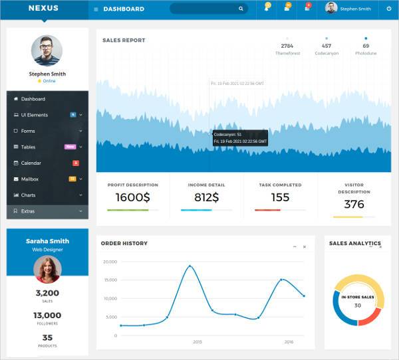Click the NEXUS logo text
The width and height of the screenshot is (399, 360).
pyautogui.click(x=43, y=9)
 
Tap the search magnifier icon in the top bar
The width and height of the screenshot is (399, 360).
pyautogui.click(x=241, y=9)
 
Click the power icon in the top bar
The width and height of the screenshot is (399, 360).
pyautogui.click(x=389, y=9)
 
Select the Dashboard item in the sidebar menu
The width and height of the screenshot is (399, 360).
pyautogui.click(x=33, y=99)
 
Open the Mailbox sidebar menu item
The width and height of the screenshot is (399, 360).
pyautogui.click(x=30, y=179)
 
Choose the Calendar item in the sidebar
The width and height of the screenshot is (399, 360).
pyautogui.click(x=31, y=163)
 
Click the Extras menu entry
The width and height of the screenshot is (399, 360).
pyautogui.click(x=28, y=211)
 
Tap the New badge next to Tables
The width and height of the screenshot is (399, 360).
pyautogui.click(x=69, y=147)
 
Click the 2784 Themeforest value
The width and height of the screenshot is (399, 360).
pyautogui.click(x=287, y=46)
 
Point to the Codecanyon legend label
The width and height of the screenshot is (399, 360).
pyautogui.click(x=327, y=53)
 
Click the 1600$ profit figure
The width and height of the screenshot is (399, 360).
pyautogui.click(x=132, y=197)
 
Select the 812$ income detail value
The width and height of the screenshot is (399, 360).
pyautogui.click(x=207, y=197)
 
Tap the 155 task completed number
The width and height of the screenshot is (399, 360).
pyautogui.click(x=280, y=197)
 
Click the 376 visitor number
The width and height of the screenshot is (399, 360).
pyautogui.click(x=354, y=204)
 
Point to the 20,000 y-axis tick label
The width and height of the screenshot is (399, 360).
pyautogui.click(x=110, y=262)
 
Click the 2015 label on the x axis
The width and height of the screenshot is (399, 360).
pyautogui.click(x=197, y=342)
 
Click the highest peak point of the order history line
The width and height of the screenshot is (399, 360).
pyautogui.click(x=190, y=266)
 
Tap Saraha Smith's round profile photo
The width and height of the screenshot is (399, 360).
pyautogui.click(x=47, y=269)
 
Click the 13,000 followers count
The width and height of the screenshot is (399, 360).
pyautogui.click(x=47, y=315)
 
